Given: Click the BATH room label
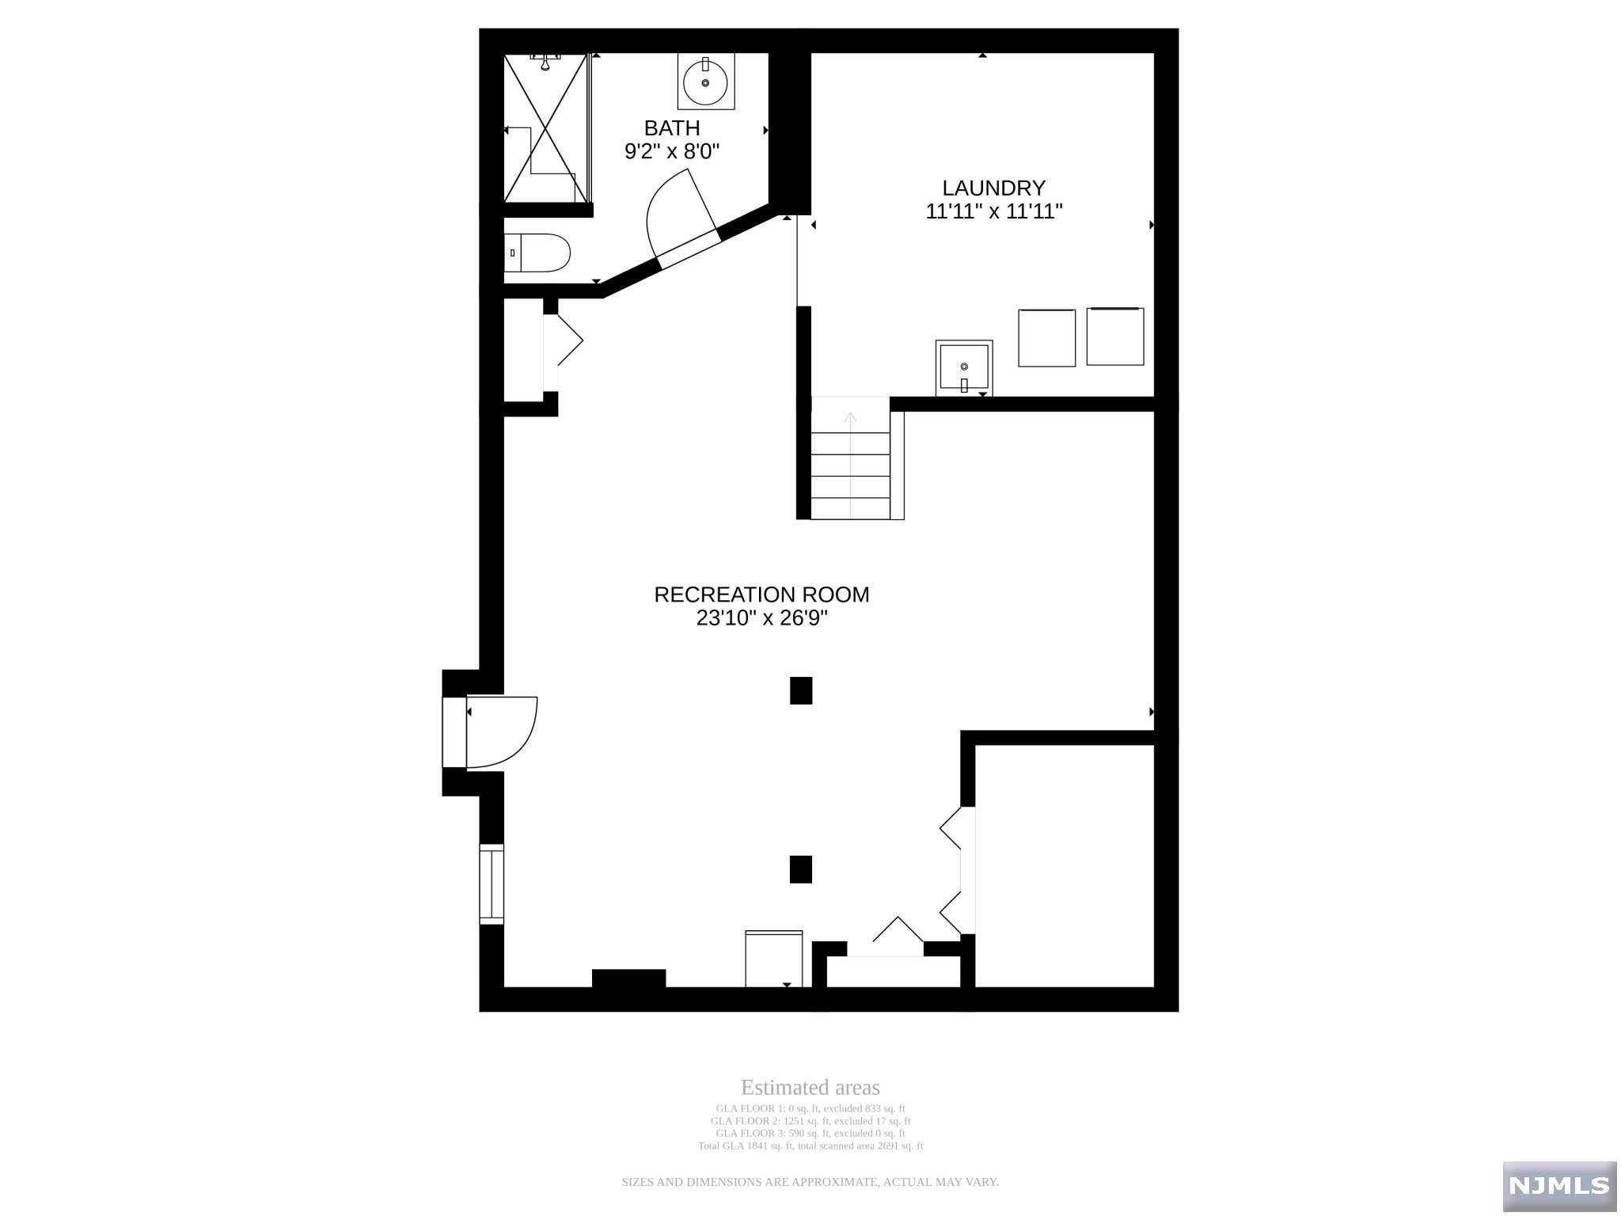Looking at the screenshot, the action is pyautogui.click(x=671, y=128).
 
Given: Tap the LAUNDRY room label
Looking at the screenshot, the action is pyautogui.click(x=993, y=188).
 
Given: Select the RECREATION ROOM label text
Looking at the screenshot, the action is pyautogui.click(x=761, y=595).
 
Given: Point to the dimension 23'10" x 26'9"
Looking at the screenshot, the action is pyautogui.click(x=761, y=618).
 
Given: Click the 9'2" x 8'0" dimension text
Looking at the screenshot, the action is pyautogui.click(x=672, y=151).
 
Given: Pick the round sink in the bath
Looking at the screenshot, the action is pyautogui.click(x=705, y=81).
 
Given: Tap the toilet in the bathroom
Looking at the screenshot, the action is pyautogui.click(x=537, y=253).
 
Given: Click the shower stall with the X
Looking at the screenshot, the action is pyautogui.click(x=546, y=127).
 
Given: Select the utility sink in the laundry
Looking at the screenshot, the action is pyautogui.click(x=964, y=368).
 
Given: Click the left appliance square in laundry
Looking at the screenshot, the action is pyautogui.click(x=1046, y=338).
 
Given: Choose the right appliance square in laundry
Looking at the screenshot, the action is pyautogui.click(x=1115, y=336).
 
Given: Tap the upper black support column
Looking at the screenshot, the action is pyautogui.click(x=801, y=690).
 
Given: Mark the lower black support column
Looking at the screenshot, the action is pyautogui.click(x=801, y=869).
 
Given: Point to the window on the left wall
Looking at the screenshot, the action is pyautogui.click(x=492, y=884).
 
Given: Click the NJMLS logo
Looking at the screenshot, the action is pyautogui.click(x=1559, y=1185).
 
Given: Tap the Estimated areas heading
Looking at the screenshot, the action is pyautogui.click(x=810, y=1088).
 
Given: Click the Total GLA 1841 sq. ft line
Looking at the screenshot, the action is pyautogui.click(x=810, y=1146).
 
